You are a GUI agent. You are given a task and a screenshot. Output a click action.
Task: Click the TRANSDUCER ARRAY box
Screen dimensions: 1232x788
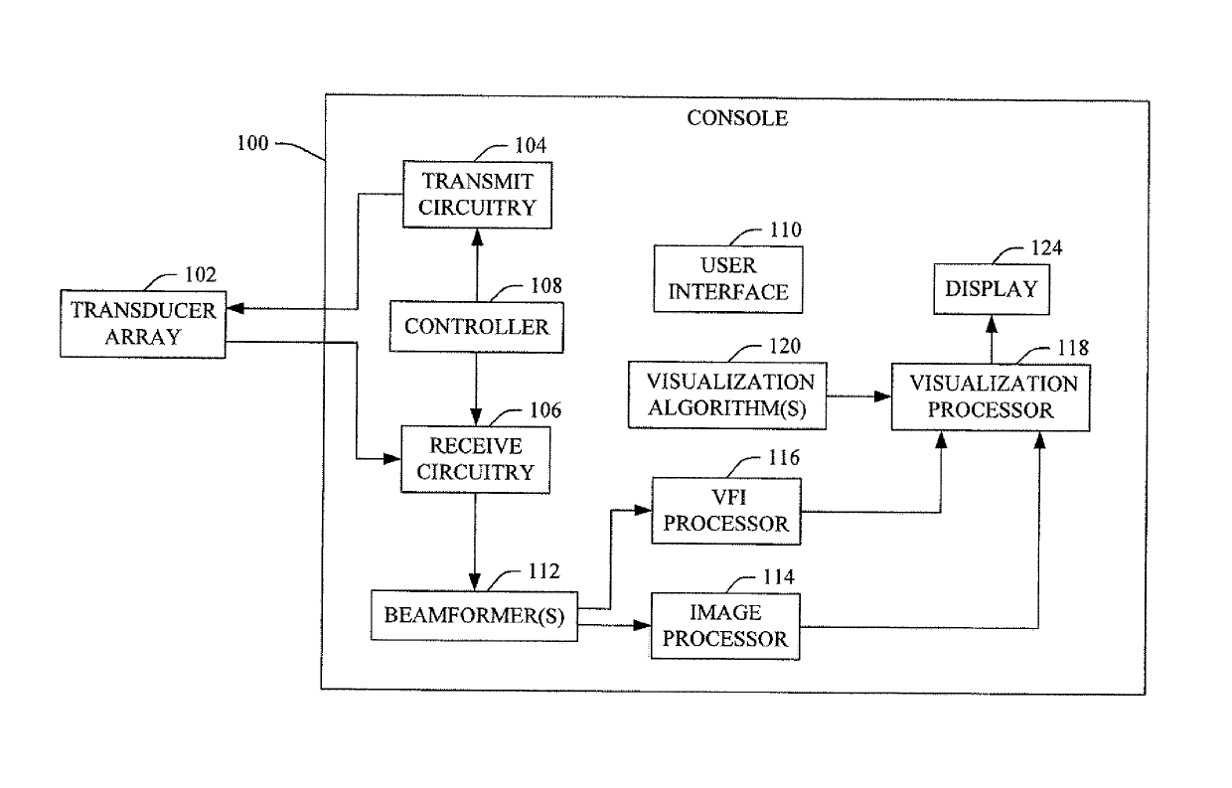click(x=143, y=324)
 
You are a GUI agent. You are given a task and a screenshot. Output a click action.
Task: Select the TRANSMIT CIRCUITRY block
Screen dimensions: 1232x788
click(x=477, y=194)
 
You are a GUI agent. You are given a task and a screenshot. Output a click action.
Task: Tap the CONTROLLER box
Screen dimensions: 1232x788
click(x=476, y=327)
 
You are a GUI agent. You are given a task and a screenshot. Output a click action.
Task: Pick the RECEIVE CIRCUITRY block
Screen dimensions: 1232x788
click(x=475, y=459)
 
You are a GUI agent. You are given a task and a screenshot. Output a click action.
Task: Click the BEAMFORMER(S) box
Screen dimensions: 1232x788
click(x=474, y=616)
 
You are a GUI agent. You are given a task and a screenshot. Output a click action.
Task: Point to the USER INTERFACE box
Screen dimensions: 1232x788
click(x=728, y=279)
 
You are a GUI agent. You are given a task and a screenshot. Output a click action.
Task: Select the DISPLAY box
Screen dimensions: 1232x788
click(x=992, y=289)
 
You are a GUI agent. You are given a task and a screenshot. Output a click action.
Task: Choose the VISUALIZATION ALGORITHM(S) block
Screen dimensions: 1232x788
click(x=727, y=395)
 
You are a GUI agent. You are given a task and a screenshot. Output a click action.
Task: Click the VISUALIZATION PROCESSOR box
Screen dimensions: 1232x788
click(x=991, y=397)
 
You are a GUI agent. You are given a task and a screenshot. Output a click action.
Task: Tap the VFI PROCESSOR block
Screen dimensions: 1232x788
click(x=726, y=511)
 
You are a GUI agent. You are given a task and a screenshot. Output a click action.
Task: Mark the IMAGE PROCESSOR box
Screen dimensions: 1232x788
click(x=725, y=626)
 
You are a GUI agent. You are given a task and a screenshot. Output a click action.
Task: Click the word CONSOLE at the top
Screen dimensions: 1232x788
click(x=737, y=118)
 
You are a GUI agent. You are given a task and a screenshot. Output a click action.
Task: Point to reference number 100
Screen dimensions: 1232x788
click(x=252, y=143)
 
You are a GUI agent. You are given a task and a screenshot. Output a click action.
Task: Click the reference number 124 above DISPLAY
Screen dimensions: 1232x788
click(x=1046, y=248)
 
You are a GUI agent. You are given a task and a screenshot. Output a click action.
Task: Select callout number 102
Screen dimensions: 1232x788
click(x=201, y=274)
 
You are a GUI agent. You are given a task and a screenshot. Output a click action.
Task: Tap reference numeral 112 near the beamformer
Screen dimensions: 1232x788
click(x=543, y=571)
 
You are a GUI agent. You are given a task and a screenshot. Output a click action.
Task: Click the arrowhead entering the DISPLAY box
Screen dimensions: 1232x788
click(x=992, y=323)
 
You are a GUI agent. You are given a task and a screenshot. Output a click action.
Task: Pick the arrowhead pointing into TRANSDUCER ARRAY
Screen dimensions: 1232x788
click(x=235, y=308)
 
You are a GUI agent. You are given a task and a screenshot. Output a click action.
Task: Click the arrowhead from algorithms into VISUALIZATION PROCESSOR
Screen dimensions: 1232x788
click(x=882, y=396)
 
